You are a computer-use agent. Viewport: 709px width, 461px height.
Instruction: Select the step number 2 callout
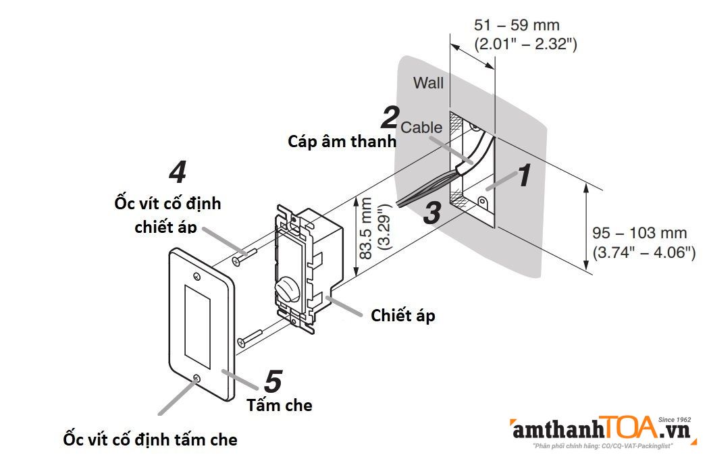(x=390, y=117)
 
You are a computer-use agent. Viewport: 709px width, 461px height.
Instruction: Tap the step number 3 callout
(x=432, y=213)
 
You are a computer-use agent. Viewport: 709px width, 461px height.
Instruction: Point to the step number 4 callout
(x=177, y=173)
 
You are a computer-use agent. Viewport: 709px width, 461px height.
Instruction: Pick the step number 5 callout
(x=272, y=382)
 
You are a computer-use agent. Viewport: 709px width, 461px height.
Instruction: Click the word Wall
(x=429, y=83)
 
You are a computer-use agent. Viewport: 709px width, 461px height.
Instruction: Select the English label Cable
(x=422, y=127)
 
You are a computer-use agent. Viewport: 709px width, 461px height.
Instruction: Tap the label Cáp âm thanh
(x=341, y=142)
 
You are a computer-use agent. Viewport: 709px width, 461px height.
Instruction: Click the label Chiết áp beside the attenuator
(x=403, y=315)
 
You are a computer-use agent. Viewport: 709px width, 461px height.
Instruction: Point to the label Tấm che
(x=280, y=406)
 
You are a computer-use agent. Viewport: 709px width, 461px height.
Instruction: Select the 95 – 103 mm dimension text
(x=639, y=233)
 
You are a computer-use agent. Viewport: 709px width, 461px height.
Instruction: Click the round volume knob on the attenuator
(x=286, y=292)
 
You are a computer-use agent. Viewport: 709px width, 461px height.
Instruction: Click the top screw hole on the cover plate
(x=196, y=277)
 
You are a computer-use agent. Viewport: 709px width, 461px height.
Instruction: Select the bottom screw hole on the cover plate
(x=196, y=379)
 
